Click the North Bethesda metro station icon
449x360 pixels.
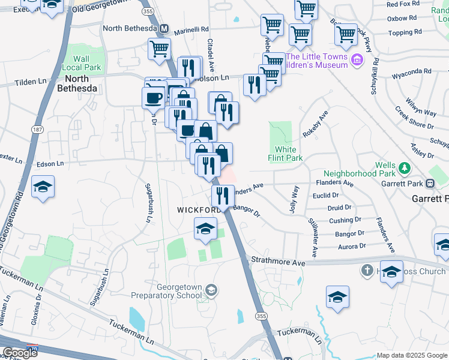(164, 29)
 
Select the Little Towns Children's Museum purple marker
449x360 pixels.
(357, 59)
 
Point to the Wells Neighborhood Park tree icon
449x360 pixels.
(405, 166)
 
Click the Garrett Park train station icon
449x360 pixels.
(430, 183)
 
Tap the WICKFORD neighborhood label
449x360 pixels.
(199, 210)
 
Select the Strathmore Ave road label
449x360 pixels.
(279, 262)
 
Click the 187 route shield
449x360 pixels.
(38, 129)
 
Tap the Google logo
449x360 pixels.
(20, 352)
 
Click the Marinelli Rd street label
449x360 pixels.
(188, 29)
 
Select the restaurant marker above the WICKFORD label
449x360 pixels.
(222, 196)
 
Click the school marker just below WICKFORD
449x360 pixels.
(205, 229)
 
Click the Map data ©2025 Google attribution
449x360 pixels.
(411, 355)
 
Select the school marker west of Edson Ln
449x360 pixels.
(43, 186)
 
